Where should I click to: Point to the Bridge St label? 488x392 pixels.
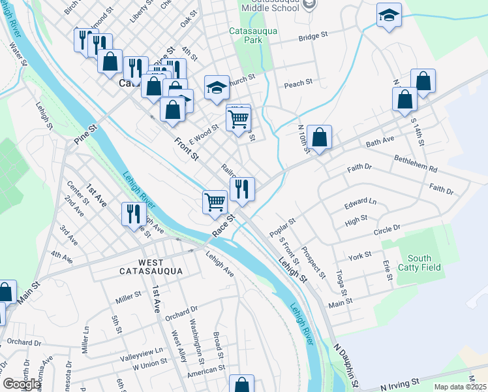coord(313,38)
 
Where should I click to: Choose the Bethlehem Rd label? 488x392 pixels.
coord(416,163)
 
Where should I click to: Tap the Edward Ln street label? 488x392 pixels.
coord(361,204)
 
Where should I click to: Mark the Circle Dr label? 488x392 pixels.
coord(386,229)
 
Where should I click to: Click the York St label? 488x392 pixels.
coord(359,255)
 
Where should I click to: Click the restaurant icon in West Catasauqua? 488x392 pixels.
coord(133,213)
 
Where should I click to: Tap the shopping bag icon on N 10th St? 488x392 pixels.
coord(320,138)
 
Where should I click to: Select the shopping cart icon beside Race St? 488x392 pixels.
coord(215,201)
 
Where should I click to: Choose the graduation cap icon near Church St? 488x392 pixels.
coord(217,88)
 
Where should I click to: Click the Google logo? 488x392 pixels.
coord(22,384)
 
